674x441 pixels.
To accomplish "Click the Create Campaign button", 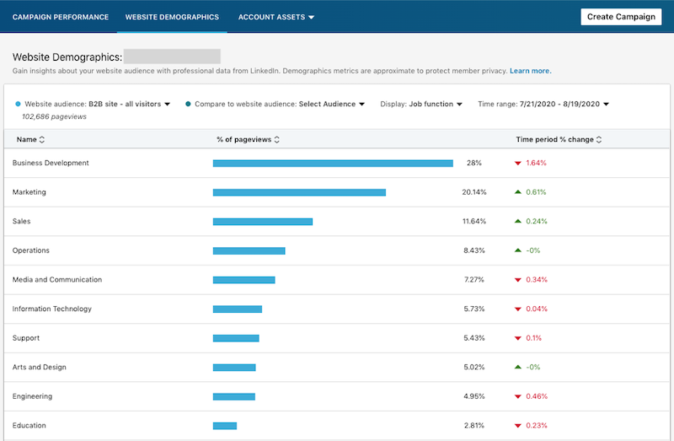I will tap(621, 17).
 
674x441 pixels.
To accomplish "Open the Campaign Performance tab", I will tap(61, 17).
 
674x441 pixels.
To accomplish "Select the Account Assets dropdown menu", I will tap(276, 17).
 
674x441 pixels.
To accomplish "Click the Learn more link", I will tap(530, 71).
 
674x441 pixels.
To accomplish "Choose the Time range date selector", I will tap(543, 104).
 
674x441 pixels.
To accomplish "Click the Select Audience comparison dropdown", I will tap(332, 104).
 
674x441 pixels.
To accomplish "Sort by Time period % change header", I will tap(559, 139).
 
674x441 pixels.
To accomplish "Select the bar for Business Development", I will tap(333, 164).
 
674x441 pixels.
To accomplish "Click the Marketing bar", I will tap(299, 192).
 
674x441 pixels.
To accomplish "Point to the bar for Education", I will tap(225, 426).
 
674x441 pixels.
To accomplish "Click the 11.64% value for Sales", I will tap(474, 222).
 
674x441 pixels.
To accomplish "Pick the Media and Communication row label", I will tap(57, 280).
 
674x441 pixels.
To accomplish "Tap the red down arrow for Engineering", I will tap(518, 396).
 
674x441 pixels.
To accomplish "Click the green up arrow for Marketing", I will tap(518, 192).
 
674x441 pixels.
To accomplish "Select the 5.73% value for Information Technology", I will tap(474, 309).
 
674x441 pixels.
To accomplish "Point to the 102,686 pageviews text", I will tap(60, 116).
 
